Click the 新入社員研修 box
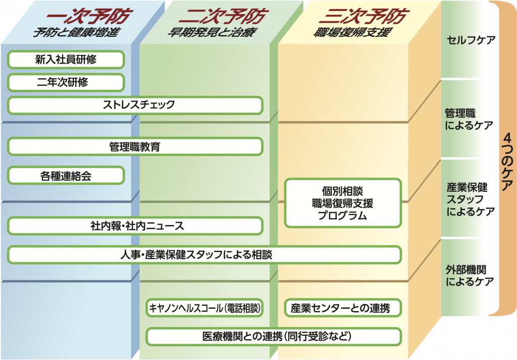(66, 60)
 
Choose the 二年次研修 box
(66, 82)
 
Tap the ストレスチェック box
(135, 105)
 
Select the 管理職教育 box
(135, 147)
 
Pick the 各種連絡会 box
(66, 176)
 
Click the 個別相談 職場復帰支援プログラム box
(343, 203)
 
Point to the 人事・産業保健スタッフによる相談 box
(204, 255)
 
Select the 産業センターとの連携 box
(343, 307)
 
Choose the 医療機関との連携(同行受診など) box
(274, 336)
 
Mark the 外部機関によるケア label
(469, 275)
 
